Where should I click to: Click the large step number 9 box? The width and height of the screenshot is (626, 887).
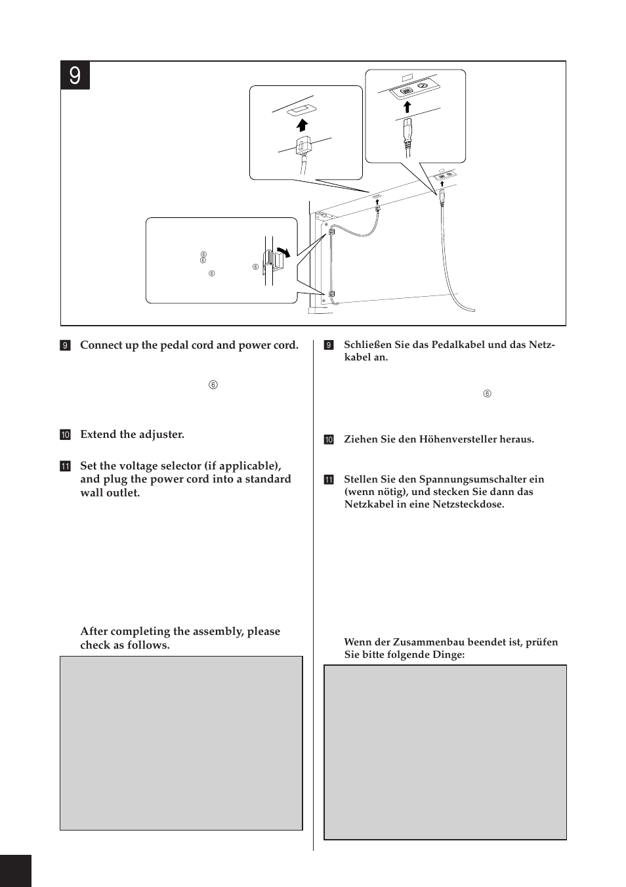coord(75,76)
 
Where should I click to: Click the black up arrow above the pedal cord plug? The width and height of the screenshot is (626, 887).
coord(303,124)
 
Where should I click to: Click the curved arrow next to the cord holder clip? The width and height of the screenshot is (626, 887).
coord(283,251)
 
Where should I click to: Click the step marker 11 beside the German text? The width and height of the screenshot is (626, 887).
coord(329,480)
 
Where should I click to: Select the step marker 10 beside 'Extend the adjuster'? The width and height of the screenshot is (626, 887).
coord(65,435)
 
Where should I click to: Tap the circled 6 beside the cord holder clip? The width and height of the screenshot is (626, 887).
coord(255,267)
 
